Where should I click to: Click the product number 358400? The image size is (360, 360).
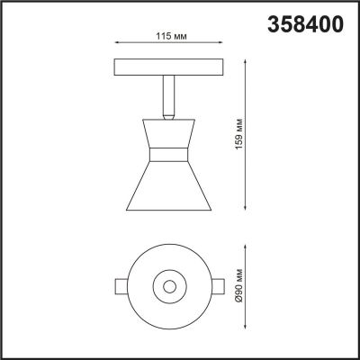coord(307,25)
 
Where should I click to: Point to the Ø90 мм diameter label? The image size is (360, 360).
coord(237,285)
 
